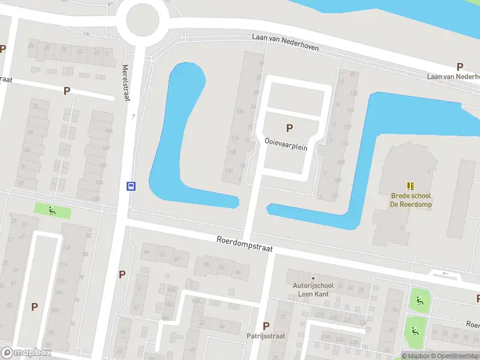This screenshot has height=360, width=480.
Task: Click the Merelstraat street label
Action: pos(126,83)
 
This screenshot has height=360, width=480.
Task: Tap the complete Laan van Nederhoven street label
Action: pos(284,42)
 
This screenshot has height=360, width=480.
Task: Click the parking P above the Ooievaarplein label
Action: pos(290,128)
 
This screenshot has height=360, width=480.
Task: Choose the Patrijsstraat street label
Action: pos(266,336)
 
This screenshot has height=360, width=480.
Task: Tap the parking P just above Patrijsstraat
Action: pos(266,326)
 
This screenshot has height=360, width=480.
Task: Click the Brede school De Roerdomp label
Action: pos(411,200)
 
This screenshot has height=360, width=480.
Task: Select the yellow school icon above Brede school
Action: pos(411,187)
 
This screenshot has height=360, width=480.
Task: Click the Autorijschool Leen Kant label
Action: pos(313,291)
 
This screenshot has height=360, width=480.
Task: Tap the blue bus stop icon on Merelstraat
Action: pos(130,186)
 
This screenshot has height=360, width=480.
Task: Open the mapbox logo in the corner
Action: pos(26,353)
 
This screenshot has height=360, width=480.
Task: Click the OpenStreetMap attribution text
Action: pos(457,356)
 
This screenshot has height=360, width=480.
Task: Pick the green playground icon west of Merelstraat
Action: pos(52,211)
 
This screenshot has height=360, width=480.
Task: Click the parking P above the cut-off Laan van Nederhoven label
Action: pos(460,67)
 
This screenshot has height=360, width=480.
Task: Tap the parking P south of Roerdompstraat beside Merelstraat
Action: pos(122,274)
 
